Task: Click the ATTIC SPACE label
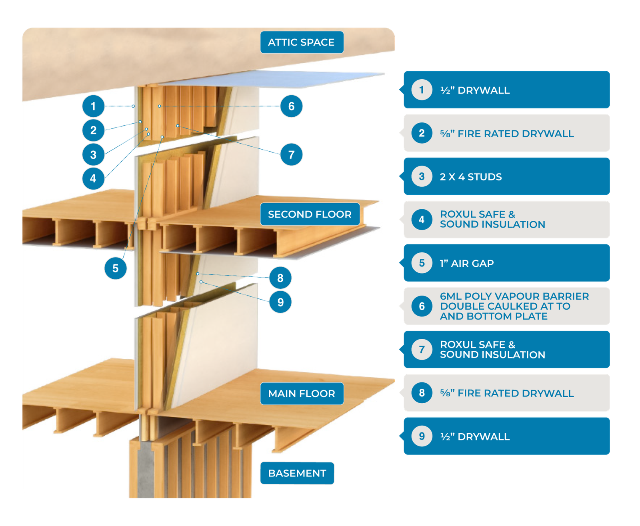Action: (x=301, y=42)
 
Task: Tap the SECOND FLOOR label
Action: (x=310, y=214)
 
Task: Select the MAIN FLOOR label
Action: (x=302, y=394)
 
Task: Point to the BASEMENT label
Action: (x=297, y=473)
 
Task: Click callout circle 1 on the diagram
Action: (x=93, y=106)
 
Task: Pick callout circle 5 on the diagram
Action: (x=116, y=268)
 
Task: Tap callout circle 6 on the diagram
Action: (x=291, y=106)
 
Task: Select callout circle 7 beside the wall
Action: (x=291, y=154)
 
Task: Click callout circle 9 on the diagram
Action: (x=280, y=302)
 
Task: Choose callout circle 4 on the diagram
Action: (x=93, y=178)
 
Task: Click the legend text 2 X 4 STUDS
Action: (x=471, y=177)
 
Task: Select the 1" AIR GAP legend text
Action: (x=467, y=263)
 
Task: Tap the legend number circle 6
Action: (x=422, y=306)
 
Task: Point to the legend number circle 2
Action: (x=422, y=133)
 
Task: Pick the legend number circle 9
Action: (x=422, y=436)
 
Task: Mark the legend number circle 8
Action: (x=422, y=393)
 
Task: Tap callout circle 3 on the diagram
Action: (x=93, y=154)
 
